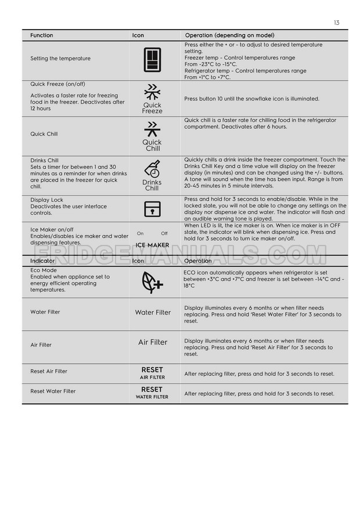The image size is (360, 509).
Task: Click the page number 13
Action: pos(336,23)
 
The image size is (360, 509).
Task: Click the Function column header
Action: pos(41,35)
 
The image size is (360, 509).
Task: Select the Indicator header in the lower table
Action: pos(42,261)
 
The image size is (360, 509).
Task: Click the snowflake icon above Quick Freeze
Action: pos(152,92)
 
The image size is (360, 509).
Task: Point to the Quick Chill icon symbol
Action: pos(152,129)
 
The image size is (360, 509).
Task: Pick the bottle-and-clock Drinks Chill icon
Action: pos(152,169)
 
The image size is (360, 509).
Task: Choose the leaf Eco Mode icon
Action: pos(152,282)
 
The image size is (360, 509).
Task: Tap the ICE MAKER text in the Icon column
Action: pos(152,246)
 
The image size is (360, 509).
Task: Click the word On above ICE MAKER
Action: pos(140,233)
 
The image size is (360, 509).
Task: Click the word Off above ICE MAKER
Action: pos(164,233)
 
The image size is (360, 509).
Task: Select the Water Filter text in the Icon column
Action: pos(153,312)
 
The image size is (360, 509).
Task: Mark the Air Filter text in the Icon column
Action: pos(153,342)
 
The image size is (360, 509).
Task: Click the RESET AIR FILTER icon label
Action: pos(152,373)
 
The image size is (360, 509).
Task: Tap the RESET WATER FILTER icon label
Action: pos(152,393)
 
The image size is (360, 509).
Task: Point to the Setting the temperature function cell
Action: pos(60,59)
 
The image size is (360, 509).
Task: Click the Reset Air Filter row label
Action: pos(49,371)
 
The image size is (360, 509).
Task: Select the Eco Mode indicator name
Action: pos(44,270)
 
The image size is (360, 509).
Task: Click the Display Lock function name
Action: pos(46,200)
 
